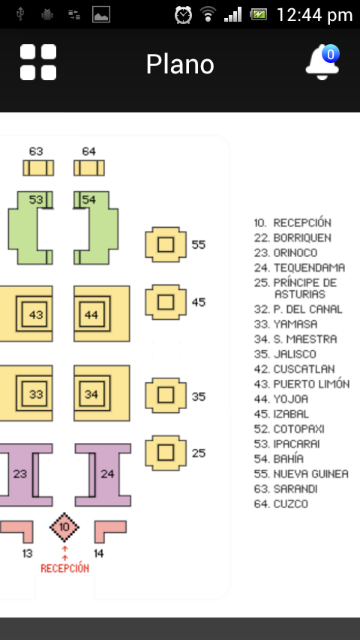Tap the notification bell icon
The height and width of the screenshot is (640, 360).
(x=322, y=62)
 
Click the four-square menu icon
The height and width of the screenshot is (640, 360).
(x=38, y=62)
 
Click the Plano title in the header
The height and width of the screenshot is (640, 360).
(x=180, y=64)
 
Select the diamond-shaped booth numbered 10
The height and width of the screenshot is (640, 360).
(x=64, y=528)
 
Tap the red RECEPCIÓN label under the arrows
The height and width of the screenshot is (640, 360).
(x=65, y=568)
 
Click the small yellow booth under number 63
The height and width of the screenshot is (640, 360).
(x=38, y=168)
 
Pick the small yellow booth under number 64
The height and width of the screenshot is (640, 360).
(x=89, y=168)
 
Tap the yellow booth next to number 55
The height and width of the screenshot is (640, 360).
(x=166, y=244)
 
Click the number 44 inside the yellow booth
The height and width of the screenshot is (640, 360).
(x=91, y=315)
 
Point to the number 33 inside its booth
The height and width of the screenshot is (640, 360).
(x=36, y=394)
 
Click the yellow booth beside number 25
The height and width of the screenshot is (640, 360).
(x=166, y=453)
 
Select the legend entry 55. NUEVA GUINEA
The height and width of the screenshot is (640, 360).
(x=301, y=474)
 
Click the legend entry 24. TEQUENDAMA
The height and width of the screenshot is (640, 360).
(x=299, y=268)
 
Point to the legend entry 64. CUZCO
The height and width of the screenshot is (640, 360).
(x=280, y=504)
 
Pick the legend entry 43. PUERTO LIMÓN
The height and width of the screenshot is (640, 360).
(x=302, y=384)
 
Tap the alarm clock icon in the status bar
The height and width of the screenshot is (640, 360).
(x=183, y=15)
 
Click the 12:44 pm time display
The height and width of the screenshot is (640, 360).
(x=314, y=15)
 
